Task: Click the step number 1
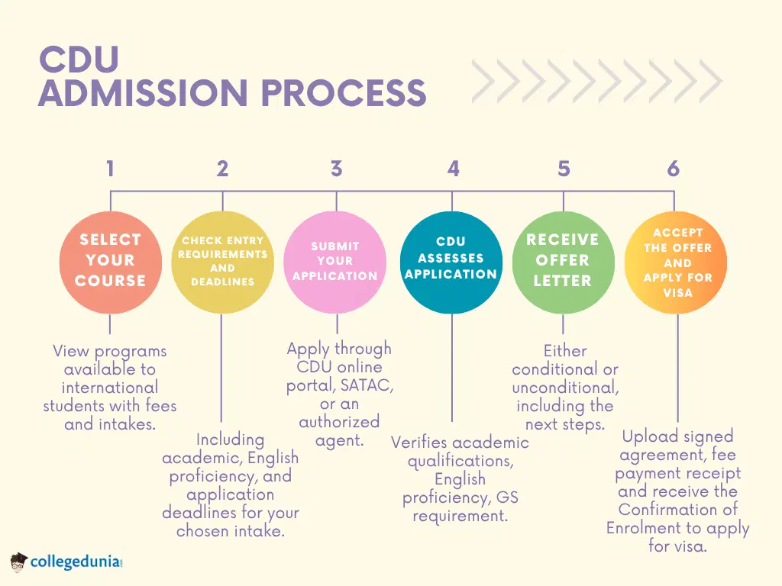tap(110, 169)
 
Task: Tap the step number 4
tap(453, 169)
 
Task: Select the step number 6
tap(673, 169)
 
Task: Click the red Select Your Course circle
tap(110, 262)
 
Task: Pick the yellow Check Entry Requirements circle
tap(222, 262)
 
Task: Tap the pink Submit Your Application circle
tap(334, 262)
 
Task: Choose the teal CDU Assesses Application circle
tap(451, 262)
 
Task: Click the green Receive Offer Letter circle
tap(563, 262)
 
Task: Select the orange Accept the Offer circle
tap(676, 262)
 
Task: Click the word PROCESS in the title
tap(343, 93)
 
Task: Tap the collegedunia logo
tap(67, 563)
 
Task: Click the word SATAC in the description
tap(367, 386)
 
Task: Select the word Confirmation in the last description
tap(677, 510)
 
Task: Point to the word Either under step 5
tap(565, 351)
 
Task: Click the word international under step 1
tap(110, 388)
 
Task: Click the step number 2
tap(222, 169)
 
